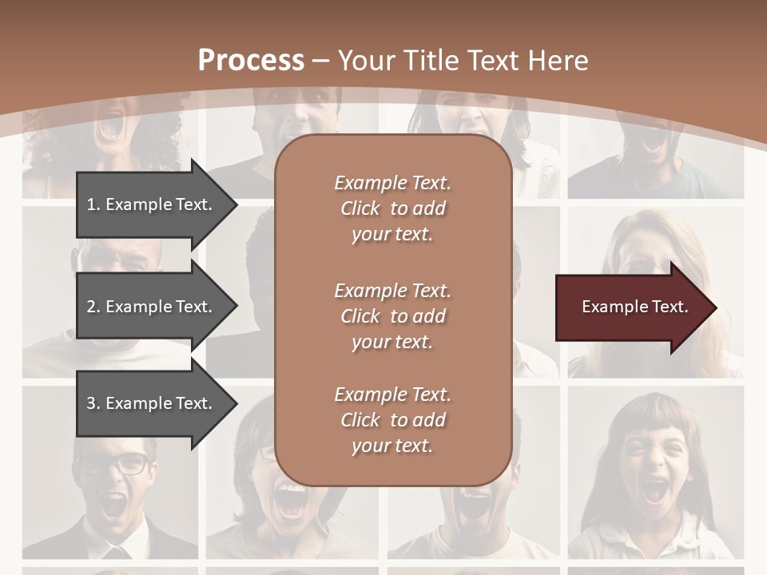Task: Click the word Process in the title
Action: point(251,61)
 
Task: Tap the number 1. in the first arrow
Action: point(93,204)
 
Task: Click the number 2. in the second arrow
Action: point(93,307)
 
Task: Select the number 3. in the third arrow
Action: point(93,403)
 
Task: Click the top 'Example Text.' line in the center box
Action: point(392,183)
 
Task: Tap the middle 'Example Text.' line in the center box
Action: point(392,291)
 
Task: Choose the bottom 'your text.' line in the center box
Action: point(392,446)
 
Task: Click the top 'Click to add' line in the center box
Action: point(392,208)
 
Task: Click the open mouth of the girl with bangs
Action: point(655,490)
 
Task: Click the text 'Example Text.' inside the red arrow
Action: point(635,307)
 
